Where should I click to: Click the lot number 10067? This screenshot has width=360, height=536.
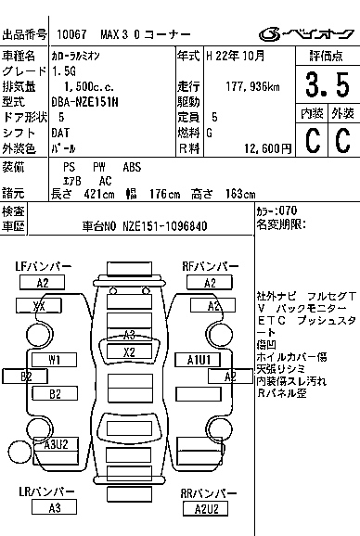pyautogui.click(x=71, y=35)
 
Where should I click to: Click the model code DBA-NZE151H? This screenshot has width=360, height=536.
pyautogui.click(x=84, y=102)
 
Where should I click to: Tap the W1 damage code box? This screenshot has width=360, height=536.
pyautogui.click(x=55, y=359)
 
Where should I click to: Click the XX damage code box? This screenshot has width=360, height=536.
pyautogui.click(x=39, y=306)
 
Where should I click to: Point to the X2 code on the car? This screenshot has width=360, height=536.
pyautogui.click(x=129, y=352)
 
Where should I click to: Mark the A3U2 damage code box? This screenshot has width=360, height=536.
pyautogui.click(x=58, y=444)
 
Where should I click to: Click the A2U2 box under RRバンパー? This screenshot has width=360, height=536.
pyautogui.click(x=206, y=507)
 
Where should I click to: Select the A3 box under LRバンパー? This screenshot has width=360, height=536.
pyautogui.click(x=55, y=507)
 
